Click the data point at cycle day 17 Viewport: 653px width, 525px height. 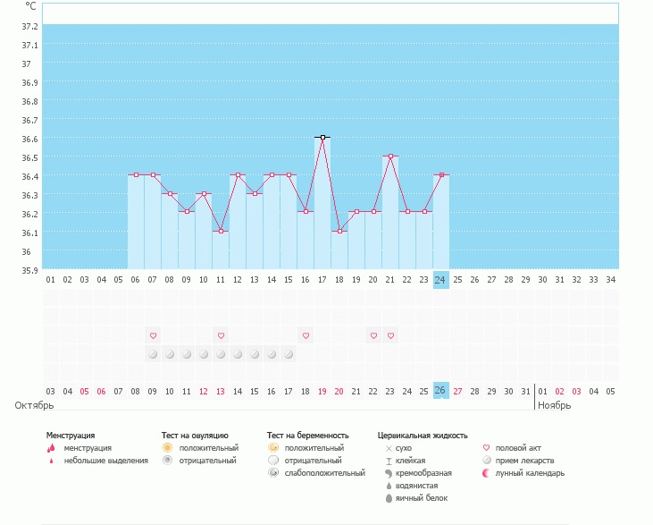pos(322,138)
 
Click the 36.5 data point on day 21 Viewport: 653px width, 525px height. pos(390,157)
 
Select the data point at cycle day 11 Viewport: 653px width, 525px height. pos(221,231)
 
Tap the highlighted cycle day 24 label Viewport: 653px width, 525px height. pos(440,279)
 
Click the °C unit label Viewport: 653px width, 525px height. pos(31,5)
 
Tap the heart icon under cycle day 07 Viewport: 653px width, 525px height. pos(153,335)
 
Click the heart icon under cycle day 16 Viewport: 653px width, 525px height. pos(306,335)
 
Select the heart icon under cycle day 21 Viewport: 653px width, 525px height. pos(390,335)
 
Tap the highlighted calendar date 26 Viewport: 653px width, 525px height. pos(440,391)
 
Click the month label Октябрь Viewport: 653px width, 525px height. pos(35,405)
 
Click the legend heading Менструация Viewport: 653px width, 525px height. pos(71,436)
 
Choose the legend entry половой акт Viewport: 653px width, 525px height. pos(518,447)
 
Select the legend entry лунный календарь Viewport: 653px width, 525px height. pos(530,473)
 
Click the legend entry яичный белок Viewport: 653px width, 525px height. pos(416,497)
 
